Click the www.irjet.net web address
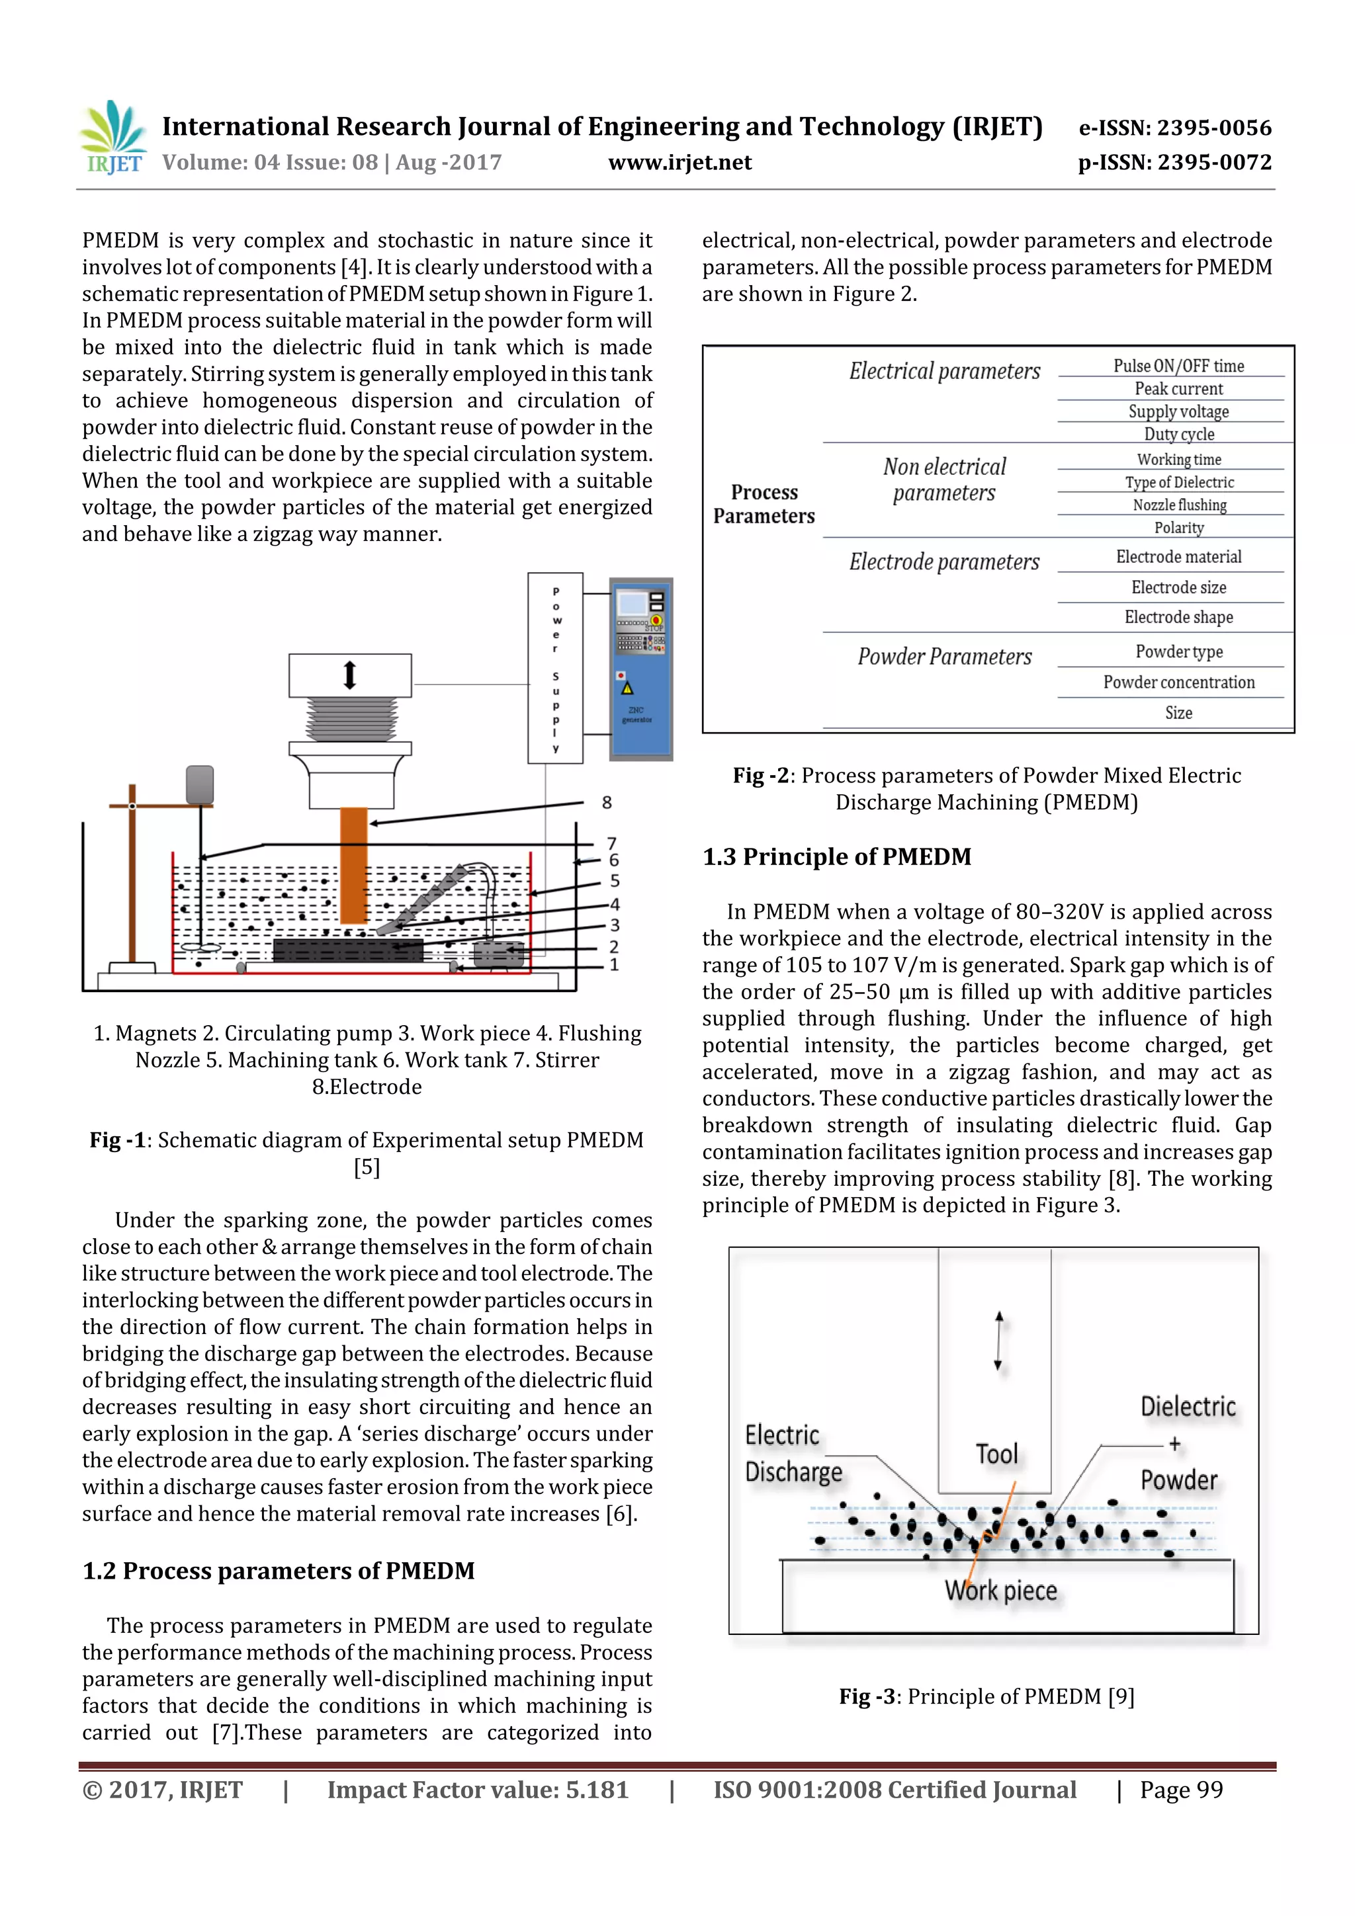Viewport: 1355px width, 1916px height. (679, 163)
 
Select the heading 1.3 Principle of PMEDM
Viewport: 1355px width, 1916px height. (836, 857)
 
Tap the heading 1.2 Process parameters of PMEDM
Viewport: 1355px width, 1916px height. (278, 1571)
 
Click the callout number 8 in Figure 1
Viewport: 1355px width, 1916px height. (607, 803)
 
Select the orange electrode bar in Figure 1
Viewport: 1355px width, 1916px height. (353, 864)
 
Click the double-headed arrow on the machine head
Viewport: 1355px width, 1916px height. (350, 675)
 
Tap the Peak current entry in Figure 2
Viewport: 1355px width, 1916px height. (1178, 389)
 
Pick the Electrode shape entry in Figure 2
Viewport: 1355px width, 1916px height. (1178, 618)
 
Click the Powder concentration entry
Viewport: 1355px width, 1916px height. (1178, 683)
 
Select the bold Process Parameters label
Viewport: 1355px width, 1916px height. (764, 504)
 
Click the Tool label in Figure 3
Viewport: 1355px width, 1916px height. (997, 1454)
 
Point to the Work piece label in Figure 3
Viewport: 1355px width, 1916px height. (1001, 1591)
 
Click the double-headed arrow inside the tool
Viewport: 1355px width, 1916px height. (998, 1341)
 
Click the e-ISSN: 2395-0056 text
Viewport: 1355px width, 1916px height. (1174, 128)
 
